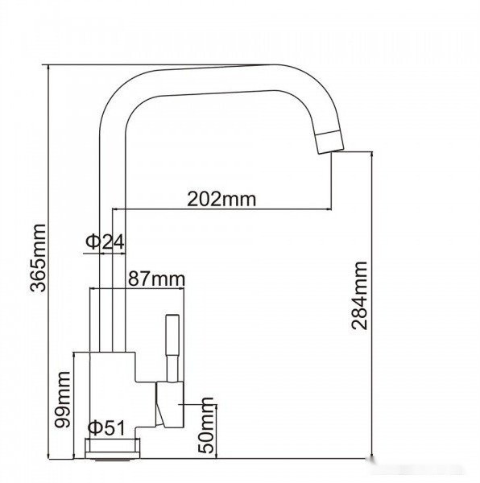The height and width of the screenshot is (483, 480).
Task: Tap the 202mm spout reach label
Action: coord(221,200)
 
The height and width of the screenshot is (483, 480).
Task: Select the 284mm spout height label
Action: coord(359,295)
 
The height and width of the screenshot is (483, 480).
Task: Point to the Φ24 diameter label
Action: coord(105,242)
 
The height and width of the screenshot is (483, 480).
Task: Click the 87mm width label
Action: coord(156,279)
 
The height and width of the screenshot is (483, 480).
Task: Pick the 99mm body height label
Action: coord(62,399)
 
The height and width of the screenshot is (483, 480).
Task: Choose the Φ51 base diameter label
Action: coord(106,428)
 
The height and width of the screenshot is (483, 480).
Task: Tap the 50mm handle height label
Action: coord(206,426)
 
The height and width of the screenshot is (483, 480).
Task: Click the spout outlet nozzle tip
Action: coord(330,142)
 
